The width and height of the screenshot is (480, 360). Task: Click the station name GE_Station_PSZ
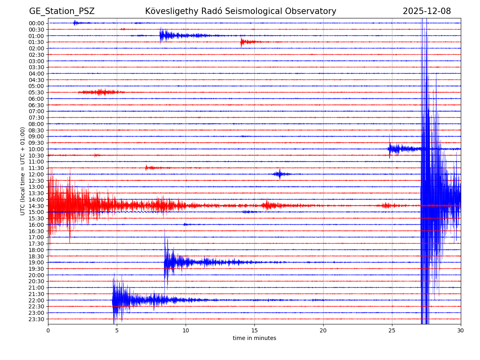click(62, 11)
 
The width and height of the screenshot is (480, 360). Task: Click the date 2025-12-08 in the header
click(426, 11)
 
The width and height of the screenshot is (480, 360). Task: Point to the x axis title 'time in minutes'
click(254, 338)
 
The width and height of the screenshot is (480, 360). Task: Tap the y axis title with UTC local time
click(23, 171)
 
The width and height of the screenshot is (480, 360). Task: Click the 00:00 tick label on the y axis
click(36, 23)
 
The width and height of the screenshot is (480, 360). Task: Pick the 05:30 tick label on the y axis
click(36, 92)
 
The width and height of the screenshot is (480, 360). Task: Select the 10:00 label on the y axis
click(36, 149)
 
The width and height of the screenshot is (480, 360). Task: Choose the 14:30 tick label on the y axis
click(36, 206)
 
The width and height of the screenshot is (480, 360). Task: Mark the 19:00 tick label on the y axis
click(36, 262)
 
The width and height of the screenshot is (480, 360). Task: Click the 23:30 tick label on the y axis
click(36, 319)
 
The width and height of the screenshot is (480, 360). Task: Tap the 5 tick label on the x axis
click(117, 331)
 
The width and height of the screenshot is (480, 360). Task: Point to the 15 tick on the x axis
click(254, 331)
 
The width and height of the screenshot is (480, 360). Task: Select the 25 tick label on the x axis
click(392, 331)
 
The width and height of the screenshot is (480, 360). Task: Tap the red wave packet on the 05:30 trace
click(102, 92)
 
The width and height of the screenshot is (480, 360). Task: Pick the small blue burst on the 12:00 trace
click(280, 174)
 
